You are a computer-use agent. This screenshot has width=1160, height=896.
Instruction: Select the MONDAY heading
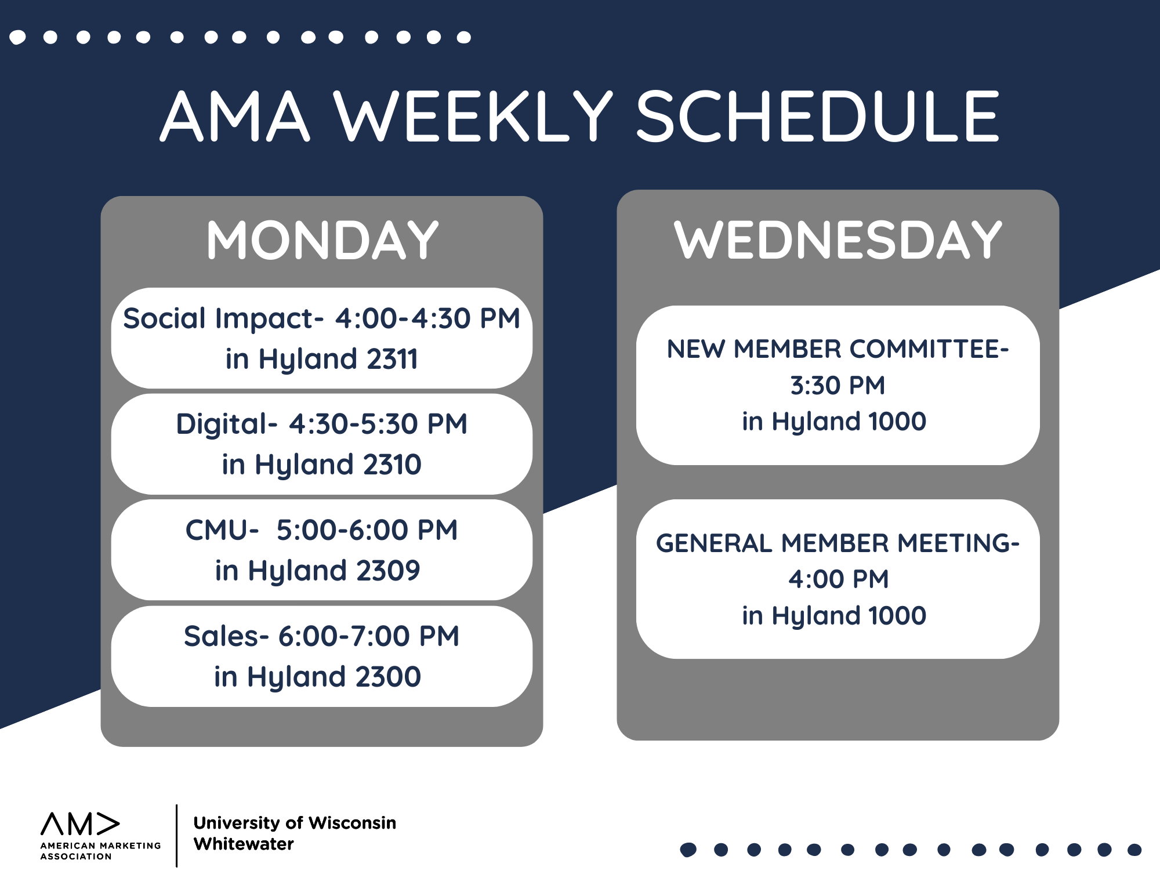click(x=322, y=240)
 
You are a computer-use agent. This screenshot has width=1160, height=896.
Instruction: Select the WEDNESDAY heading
click(x=838, y=240)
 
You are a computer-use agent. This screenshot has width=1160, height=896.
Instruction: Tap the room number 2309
click(x=388, y=571)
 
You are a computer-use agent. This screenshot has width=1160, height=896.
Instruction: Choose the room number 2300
click(x=388, y=677)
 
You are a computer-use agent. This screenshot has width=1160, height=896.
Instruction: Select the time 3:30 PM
click(x=838, y=386)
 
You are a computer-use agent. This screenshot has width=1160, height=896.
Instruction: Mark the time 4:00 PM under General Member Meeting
click(x=838, y=579)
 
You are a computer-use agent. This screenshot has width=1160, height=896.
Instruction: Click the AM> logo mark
click(x=80, y=824)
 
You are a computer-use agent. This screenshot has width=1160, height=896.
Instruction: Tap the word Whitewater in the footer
click(x=244, y=844)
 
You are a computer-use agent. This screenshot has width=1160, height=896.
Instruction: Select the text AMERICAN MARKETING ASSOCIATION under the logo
click(x=100, y=851)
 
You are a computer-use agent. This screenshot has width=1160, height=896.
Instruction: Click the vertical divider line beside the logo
click(x=176, y=835)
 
